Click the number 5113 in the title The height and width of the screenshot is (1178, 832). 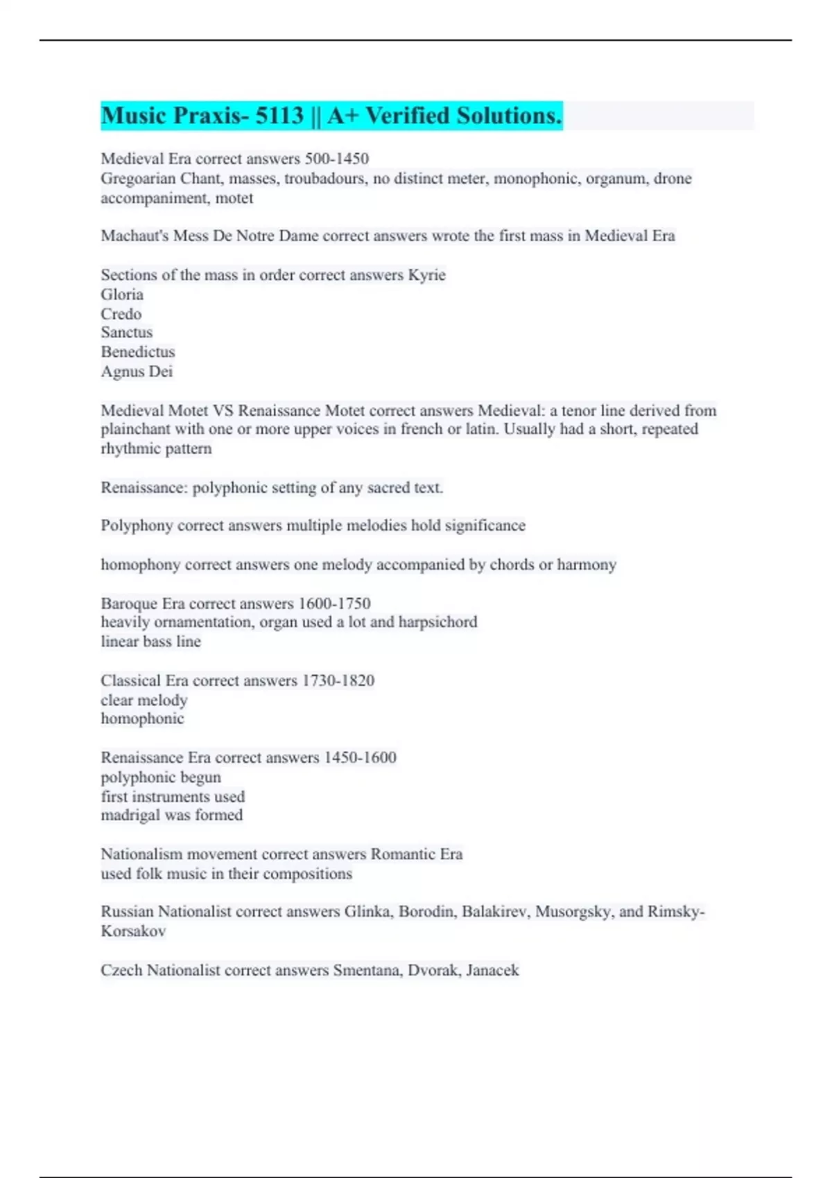tap(279, 116)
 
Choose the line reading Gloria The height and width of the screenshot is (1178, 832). tap(122, 294)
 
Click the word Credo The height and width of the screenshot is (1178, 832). tap(121, 313)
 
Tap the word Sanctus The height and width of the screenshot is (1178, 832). tap(127, 333)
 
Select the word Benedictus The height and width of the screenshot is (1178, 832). tap(138, 352)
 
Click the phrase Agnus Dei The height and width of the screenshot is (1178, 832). tap(137, 371)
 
